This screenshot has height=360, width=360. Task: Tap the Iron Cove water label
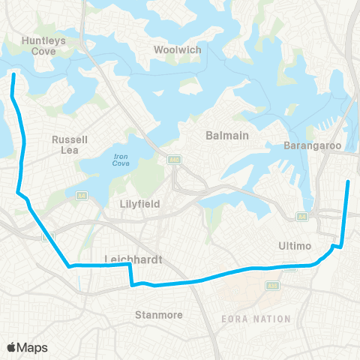tap(121, 159)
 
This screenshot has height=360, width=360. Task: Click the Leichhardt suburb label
tap(130, 260)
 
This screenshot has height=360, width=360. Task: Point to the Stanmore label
tap(159, 314)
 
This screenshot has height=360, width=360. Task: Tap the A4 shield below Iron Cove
tap(80, 196)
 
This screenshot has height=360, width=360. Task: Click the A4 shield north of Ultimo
tap(301, 217)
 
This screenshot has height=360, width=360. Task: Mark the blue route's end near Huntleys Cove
tap(13, 74)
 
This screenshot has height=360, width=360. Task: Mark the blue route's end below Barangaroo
tap(349, 181)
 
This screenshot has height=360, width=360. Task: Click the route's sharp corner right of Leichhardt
tap(131, 265)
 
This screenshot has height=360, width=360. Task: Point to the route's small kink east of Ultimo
tap(337, 244)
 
